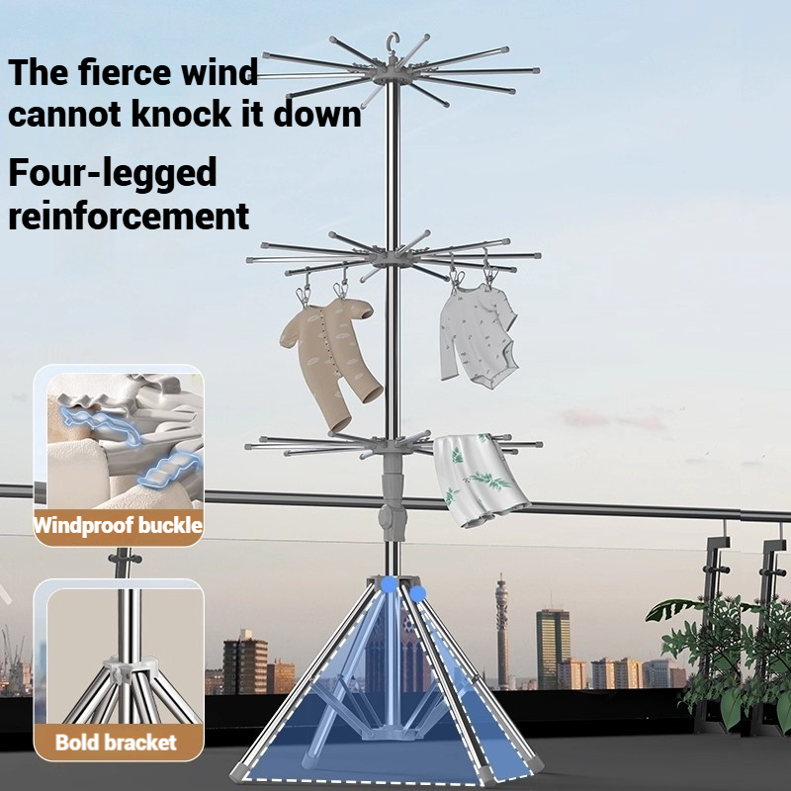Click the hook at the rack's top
click(x=393, y=43)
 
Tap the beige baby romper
click(x=330, y=361)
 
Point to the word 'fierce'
click(x=126, y=71)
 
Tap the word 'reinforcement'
click(x=129, y=217)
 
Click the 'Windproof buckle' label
click(x=118, y=526)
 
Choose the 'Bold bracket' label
click(x=116, y=743)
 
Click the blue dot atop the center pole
click(x=390, y=584)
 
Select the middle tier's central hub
click(x=393, y=256)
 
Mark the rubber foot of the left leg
click(x=238, y=771)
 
